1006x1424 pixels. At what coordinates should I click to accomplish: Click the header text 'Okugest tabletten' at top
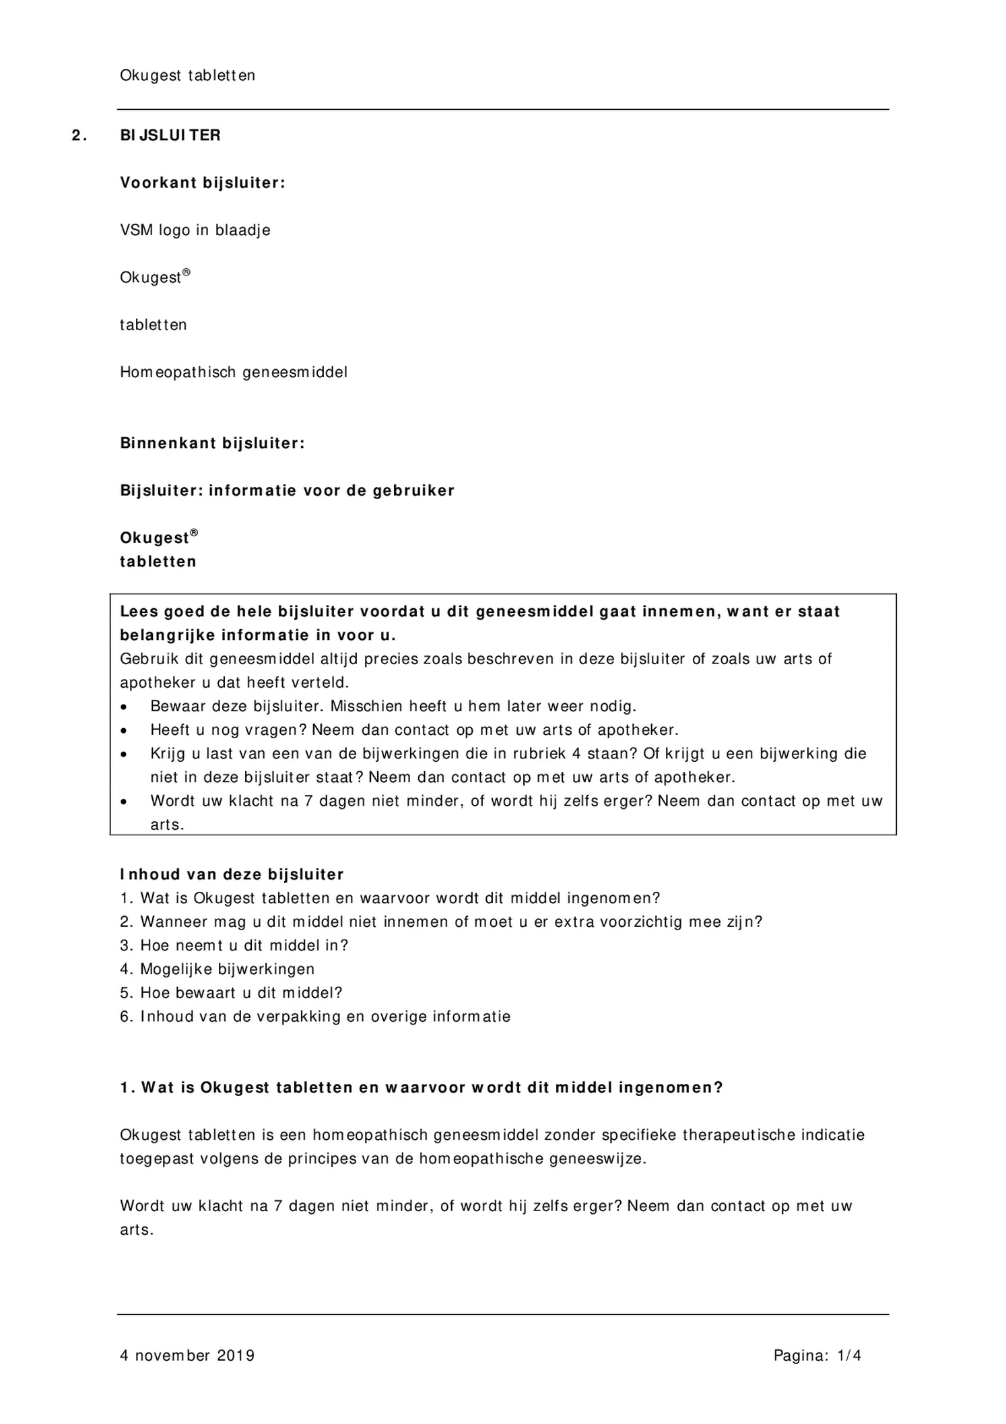(187, 75)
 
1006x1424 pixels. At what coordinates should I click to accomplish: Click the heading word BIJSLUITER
(170, 135)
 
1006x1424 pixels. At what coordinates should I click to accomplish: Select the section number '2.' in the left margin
(79, 135)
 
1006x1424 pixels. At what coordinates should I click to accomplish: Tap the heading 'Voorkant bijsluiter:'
(203, 183)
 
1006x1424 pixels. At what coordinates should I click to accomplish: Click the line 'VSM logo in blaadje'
(195, 230)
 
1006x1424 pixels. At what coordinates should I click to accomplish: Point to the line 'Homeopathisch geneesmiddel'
(234, 373)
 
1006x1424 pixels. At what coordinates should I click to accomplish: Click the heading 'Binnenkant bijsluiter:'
(212, 443)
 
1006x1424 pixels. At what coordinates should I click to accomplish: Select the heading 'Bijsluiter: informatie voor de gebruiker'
(287, 490)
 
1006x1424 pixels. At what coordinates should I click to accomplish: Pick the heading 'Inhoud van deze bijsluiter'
(232, 874)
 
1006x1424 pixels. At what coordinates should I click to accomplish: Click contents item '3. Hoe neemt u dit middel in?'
(234, 946)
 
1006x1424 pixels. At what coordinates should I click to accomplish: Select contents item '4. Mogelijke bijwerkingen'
(217, 969)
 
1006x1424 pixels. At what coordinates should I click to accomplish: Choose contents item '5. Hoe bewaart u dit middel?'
(231, 993)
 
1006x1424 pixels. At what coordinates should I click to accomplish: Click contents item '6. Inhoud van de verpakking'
(315, 1016)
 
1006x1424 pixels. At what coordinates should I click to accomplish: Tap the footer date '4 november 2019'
(187, 1355)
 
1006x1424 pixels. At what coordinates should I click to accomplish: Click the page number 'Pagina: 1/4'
(817, 1355)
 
